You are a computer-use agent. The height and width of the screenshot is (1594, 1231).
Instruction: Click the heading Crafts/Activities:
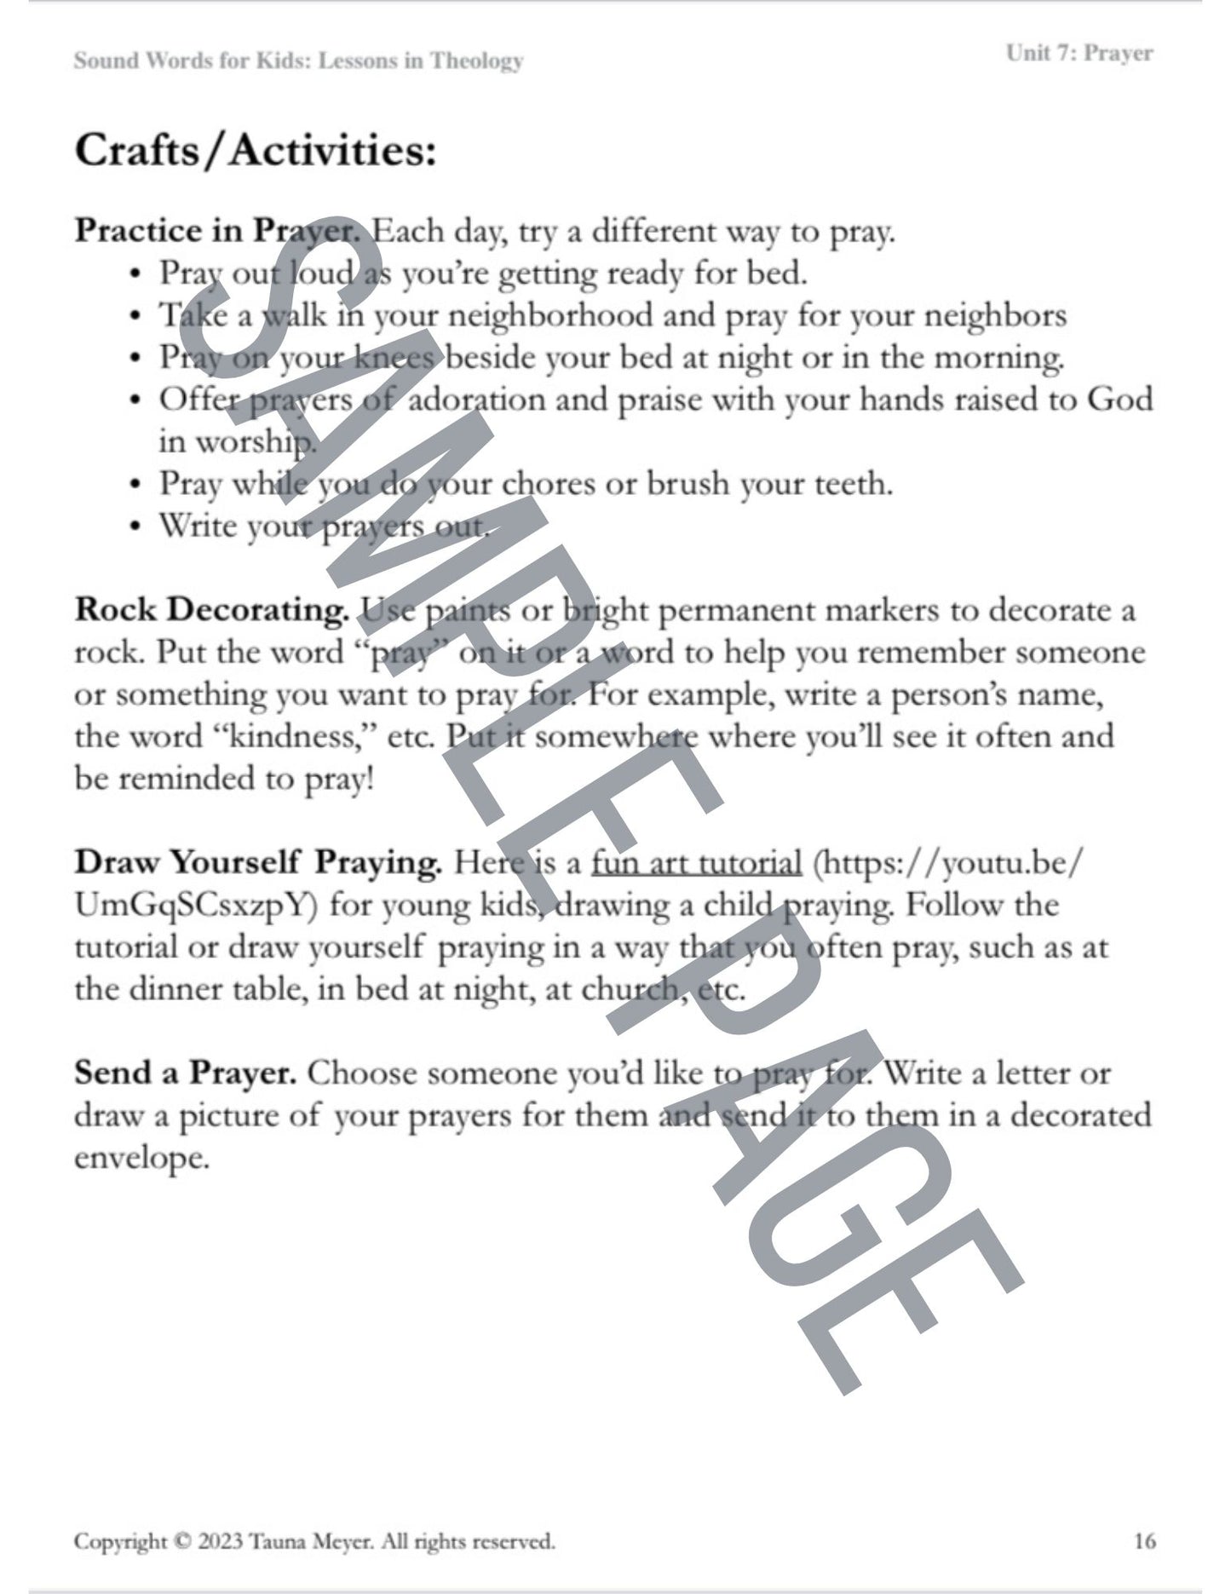(x=256, y=152)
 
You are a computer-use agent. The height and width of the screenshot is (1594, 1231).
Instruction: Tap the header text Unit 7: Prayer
(x=1079, y=54)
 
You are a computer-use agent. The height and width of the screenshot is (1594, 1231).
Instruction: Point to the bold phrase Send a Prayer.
(x=185, y=1073)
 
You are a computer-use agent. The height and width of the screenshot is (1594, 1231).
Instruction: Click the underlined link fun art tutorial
(x=696, y=863)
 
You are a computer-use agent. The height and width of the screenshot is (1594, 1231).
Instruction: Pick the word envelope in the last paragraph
(x=141, y=1158)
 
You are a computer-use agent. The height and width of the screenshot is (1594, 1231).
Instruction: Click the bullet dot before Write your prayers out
(x=135, y=527)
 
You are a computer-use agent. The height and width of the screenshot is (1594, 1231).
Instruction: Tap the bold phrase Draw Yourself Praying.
(x=258, y=863)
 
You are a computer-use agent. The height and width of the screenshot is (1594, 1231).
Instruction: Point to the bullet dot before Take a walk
(x=135, y=317)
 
